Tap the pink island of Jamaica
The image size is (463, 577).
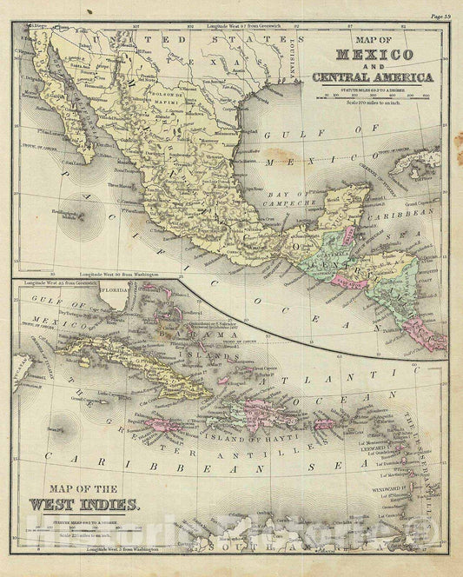pos(161,424)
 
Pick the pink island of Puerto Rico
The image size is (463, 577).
pos(323,424)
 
